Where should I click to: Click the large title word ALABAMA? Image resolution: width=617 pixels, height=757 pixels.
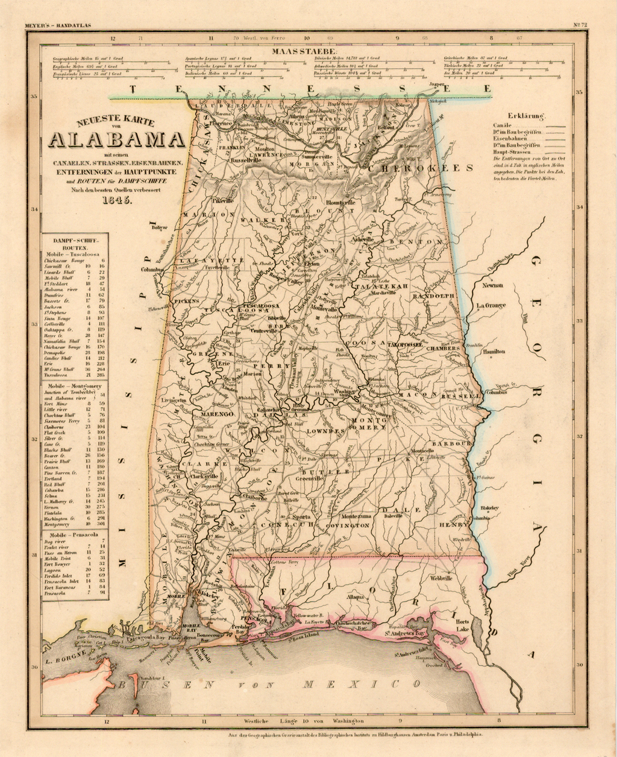coord(117,139)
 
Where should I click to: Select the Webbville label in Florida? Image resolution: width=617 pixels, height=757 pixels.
coord(440,578)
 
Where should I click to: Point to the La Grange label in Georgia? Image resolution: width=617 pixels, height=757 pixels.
coord(491,306)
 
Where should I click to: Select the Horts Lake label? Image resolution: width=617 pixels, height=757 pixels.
coord(463,626)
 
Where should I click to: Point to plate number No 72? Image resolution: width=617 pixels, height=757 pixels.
coord(580,25)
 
